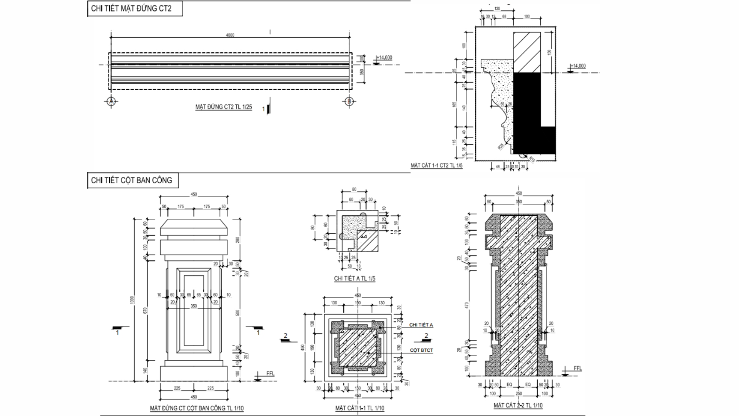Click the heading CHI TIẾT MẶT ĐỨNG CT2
point(131,9)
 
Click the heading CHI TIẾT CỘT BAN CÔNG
point(131,180)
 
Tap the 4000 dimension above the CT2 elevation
point(230,35)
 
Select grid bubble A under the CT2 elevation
point(111,101)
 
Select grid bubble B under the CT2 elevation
point(349,101)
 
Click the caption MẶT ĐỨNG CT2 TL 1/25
point(223,107)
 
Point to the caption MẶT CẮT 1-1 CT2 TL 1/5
point(436,166)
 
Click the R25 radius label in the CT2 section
point(501,146)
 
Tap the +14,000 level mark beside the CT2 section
point(578,66)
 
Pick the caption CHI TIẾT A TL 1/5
point(354,278)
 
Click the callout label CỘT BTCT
point(421,351)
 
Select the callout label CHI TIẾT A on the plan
point(421,325)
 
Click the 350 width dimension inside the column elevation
point(194,306)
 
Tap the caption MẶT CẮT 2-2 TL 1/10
point(518,406)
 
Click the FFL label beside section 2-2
point(578,369)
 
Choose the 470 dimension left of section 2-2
point(467,305)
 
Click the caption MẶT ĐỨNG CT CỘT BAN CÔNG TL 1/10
point(197,408)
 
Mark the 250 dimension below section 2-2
point(518,394)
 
